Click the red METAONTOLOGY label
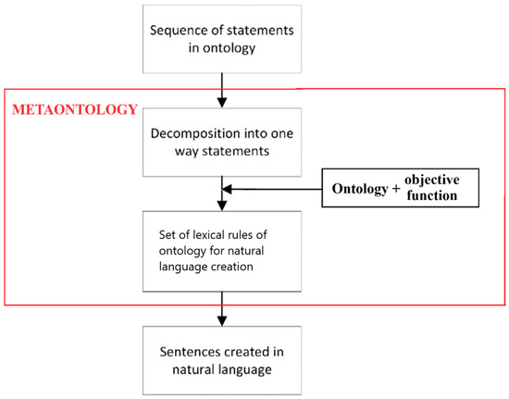[x=75, y=109]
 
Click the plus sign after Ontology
[x=396, y=189]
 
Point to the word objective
[x=432, y=180]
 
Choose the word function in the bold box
[x=432, y=195]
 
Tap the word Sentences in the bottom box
[x=189, y=352]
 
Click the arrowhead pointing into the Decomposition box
[x=222, y=103]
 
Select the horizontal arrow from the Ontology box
[x=272, y=189]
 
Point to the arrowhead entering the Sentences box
[x=222, y=320]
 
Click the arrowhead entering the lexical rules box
[x=222, y=206]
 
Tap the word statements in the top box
[x=260, y=31]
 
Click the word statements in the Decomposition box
[x=236, y=151]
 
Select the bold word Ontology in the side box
[x=360, y=189]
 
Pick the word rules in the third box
[x=237, y=235]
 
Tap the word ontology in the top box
[x=229, y=49]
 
